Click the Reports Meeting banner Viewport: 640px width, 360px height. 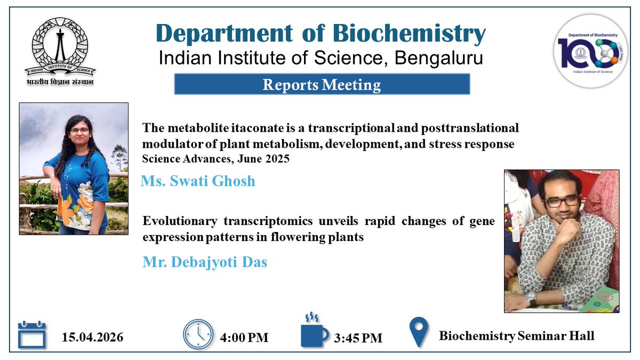coord(322,85)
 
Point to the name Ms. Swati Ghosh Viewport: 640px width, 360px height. coord(198,181)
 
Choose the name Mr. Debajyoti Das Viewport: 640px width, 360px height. coord(205,262)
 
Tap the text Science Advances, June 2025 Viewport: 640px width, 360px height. coord(216,159)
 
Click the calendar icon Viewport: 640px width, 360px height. coord(32,334)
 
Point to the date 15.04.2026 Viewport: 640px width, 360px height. coord(93,337)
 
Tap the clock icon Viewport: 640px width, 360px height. coord(198,334)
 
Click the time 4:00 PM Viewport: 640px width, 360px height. coord(244,337)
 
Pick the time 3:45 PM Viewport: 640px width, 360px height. coord(358,338)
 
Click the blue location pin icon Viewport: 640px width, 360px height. coord(419,332)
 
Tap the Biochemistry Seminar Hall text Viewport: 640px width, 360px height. coord(516,336)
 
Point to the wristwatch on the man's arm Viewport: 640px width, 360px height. coord(531,298)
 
